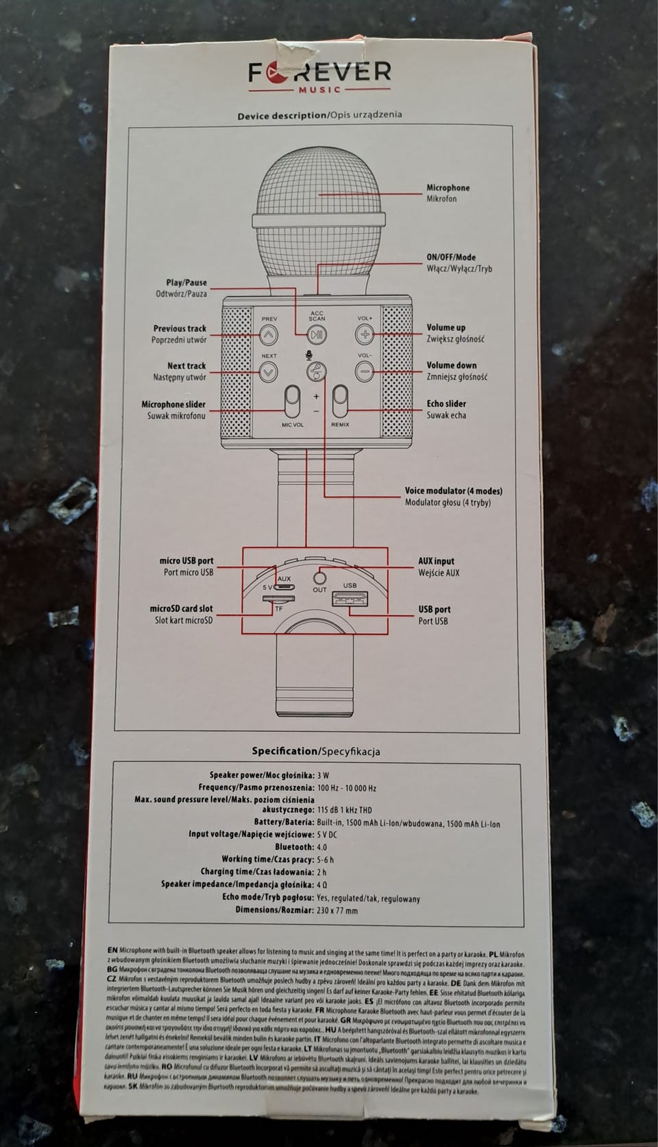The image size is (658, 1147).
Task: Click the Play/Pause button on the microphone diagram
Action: [316, 335]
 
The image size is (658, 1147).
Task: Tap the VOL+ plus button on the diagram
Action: [364, 335]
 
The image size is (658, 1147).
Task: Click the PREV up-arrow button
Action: [269, 335]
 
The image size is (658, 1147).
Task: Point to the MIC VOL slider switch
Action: [293, 401]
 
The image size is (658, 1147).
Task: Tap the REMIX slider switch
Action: [340, 401]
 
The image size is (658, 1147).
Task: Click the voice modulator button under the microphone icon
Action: [316, 372]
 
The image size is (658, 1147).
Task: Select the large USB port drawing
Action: [350, 598]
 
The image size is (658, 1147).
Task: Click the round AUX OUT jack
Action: [319, 576]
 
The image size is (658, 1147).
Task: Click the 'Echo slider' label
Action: [446, 404]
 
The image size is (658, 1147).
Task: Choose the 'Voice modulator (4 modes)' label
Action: [453, 491]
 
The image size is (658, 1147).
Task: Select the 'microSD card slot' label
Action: [181, 608]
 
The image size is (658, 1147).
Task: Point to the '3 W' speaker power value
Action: [323, 775]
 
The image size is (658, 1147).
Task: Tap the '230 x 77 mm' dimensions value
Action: [337, 911]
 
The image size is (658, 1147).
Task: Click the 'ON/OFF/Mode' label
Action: [451, 257]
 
